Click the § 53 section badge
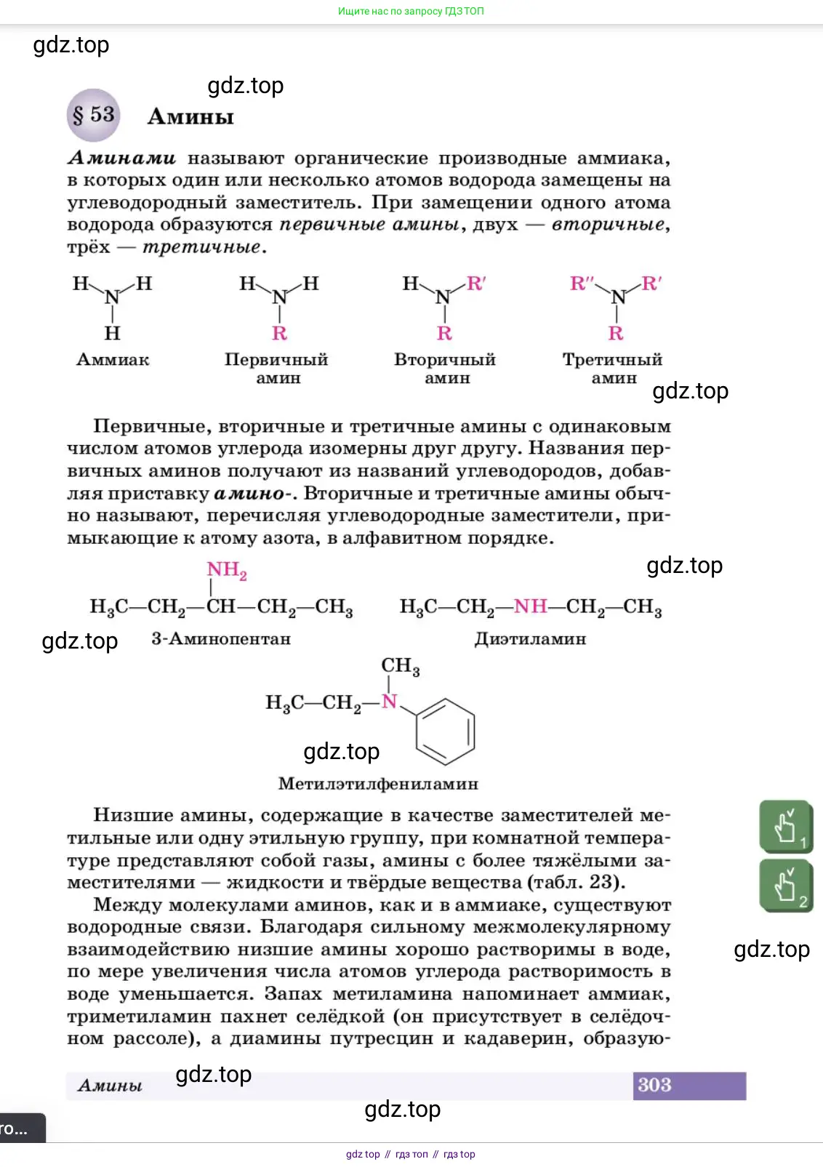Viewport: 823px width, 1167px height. pyautogui.click(x=93, y=115)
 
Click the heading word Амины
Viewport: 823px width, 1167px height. pyautogui.click(x=190, y=116)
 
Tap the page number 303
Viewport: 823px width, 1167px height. pyautogui.click(x=654, y=1085)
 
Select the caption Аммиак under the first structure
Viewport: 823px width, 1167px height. pyautogui.click(x=113, y=359)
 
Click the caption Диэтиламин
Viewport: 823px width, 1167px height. pyautogui.click(x=530, y=638)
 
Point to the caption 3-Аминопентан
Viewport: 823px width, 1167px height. pyautogui.click(x=221, y=638)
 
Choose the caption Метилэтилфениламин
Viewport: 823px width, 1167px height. pyautogui.click(x=378, y=784)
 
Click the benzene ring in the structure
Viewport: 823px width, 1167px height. pyautogui.click(x=445, y=731)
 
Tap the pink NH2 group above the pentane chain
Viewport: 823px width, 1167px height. pyautogui.click(x=226, y=570)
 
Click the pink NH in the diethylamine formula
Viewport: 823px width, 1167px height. pyautogui.click(x=530, y=606)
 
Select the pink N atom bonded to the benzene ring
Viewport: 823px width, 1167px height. pyautogui.click(x=390, y=701)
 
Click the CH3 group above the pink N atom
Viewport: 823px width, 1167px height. pyautogui.click(x=400, y=665)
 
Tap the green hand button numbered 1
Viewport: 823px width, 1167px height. pyautogui.click(x=785, y=826)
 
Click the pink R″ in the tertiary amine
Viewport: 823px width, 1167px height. pyautogui.click(x=582, y=284)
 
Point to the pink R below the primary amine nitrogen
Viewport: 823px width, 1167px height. pyautogui.click(x=279, y=333)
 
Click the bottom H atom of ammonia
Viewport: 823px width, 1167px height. pyautogui.click(x=112, y=333)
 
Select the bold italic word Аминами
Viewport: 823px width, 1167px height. pyautogui.click(x=121, y=158)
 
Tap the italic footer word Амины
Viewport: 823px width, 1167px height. pyautogui.click(x=110, y=1085)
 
